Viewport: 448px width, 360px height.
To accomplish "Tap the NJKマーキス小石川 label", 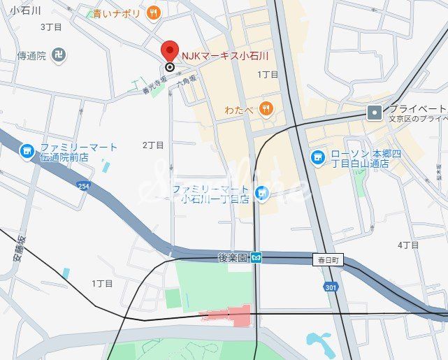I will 225,55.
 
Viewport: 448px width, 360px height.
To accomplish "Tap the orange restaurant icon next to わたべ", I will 265,108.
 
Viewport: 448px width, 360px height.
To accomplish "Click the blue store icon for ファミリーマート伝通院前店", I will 27,150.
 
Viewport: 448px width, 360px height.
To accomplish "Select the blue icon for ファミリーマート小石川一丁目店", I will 262,192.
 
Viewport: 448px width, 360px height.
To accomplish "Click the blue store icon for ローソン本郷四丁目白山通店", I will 317,157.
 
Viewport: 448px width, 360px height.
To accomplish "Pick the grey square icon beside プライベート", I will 375,112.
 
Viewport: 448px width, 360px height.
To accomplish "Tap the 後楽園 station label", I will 233,258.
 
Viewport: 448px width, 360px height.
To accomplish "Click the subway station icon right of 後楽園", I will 256,258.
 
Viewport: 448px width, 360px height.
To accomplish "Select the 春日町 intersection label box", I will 329,260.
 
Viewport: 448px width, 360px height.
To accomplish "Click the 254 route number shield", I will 84,186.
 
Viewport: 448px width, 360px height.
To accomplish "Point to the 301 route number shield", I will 331,287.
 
